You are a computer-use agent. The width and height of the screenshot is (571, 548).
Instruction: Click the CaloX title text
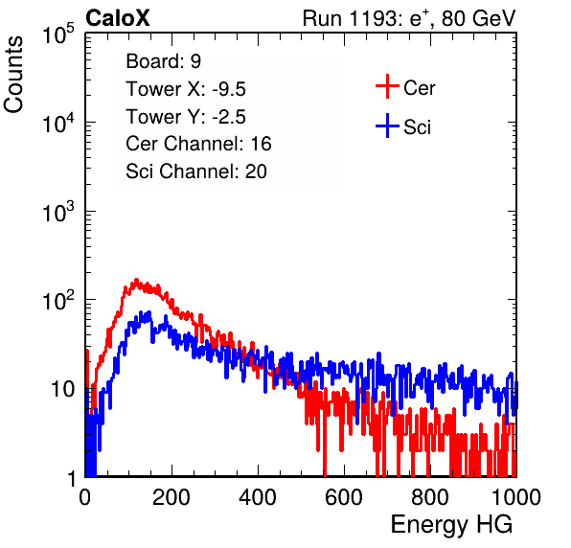click(118, 18)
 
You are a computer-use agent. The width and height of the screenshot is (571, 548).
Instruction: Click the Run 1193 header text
click(409, 18)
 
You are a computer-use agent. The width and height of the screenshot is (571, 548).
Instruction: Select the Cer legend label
click(419, 88)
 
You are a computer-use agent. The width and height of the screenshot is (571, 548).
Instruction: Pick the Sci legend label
click(417, 127)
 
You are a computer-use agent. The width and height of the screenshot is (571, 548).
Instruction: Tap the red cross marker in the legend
click(387, 86)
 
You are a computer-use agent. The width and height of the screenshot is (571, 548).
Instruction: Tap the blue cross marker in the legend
click(387, 126)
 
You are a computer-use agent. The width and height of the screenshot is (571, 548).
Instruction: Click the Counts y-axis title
click(13, 75)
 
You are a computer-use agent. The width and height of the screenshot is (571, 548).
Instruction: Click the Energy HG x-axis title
click(451, 525)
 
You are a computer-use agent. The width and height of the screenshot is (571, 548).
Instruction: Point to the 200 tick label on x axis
click(171, 497)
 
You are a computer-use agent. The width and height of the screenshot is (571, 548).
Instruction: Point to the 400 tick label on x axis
click(258, 497)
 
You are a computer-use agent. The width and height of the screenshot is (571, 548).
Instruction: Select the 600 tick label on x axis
click(344, 497)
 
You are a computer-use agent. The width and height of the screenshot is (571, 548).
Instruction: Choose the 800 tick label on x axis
click(430, 497)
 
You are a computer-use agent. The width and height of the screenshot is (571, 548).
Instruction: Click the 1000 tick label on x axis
click(516, 497)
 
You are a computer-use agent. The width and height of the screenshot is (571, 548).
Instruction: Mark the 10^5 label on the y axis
click(58, 34)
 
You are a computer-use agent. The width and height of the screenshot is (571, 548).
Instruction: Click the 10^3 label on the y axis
click(58, 212)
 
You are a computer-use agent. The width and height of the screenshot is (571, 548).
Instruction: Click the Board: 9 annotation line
click(163, 61)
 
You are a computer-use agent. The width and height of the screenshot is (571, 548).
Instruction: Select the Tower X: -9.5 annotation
click(186, 89)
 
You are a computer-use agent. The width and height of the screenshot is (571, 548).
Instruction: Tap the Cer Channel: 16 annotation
click(198, 144)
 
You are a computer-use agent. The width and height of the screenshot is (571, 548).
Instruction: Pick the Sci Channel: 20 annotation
click(195, 171)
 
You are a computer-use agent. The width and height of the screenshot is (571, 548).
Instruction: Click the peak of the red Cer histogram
click(137, 280)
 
